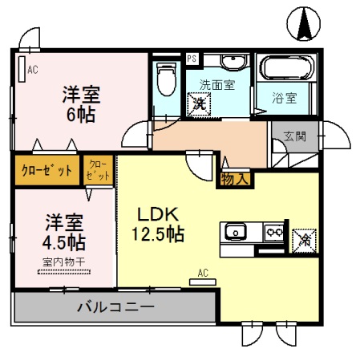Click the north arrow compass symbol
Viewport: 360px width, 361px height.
(305, 22)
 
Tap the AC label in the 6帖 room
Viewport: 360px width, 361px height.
(32, 70)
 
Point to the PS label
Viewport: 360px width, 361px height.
(192, 59)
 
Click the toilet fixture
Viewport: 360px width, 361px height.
(166, 81)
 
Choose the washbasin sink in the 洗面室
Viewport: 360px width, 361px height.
(234, 63)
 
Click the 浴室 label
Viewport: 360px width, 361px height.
(285, 99)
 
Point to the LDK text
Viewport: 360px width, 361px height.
(156, 214)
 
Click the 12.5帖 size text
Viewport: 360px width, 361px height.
(157, 235)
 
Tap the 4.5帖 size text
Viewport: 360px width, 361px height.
(65, 241)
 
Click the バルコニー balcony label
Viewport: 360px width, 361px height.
(115, 306)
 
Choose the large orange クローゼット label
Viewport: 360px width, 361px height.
(47, 171)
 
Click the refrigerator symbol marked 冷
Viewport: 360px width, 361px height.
(304, 238)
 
